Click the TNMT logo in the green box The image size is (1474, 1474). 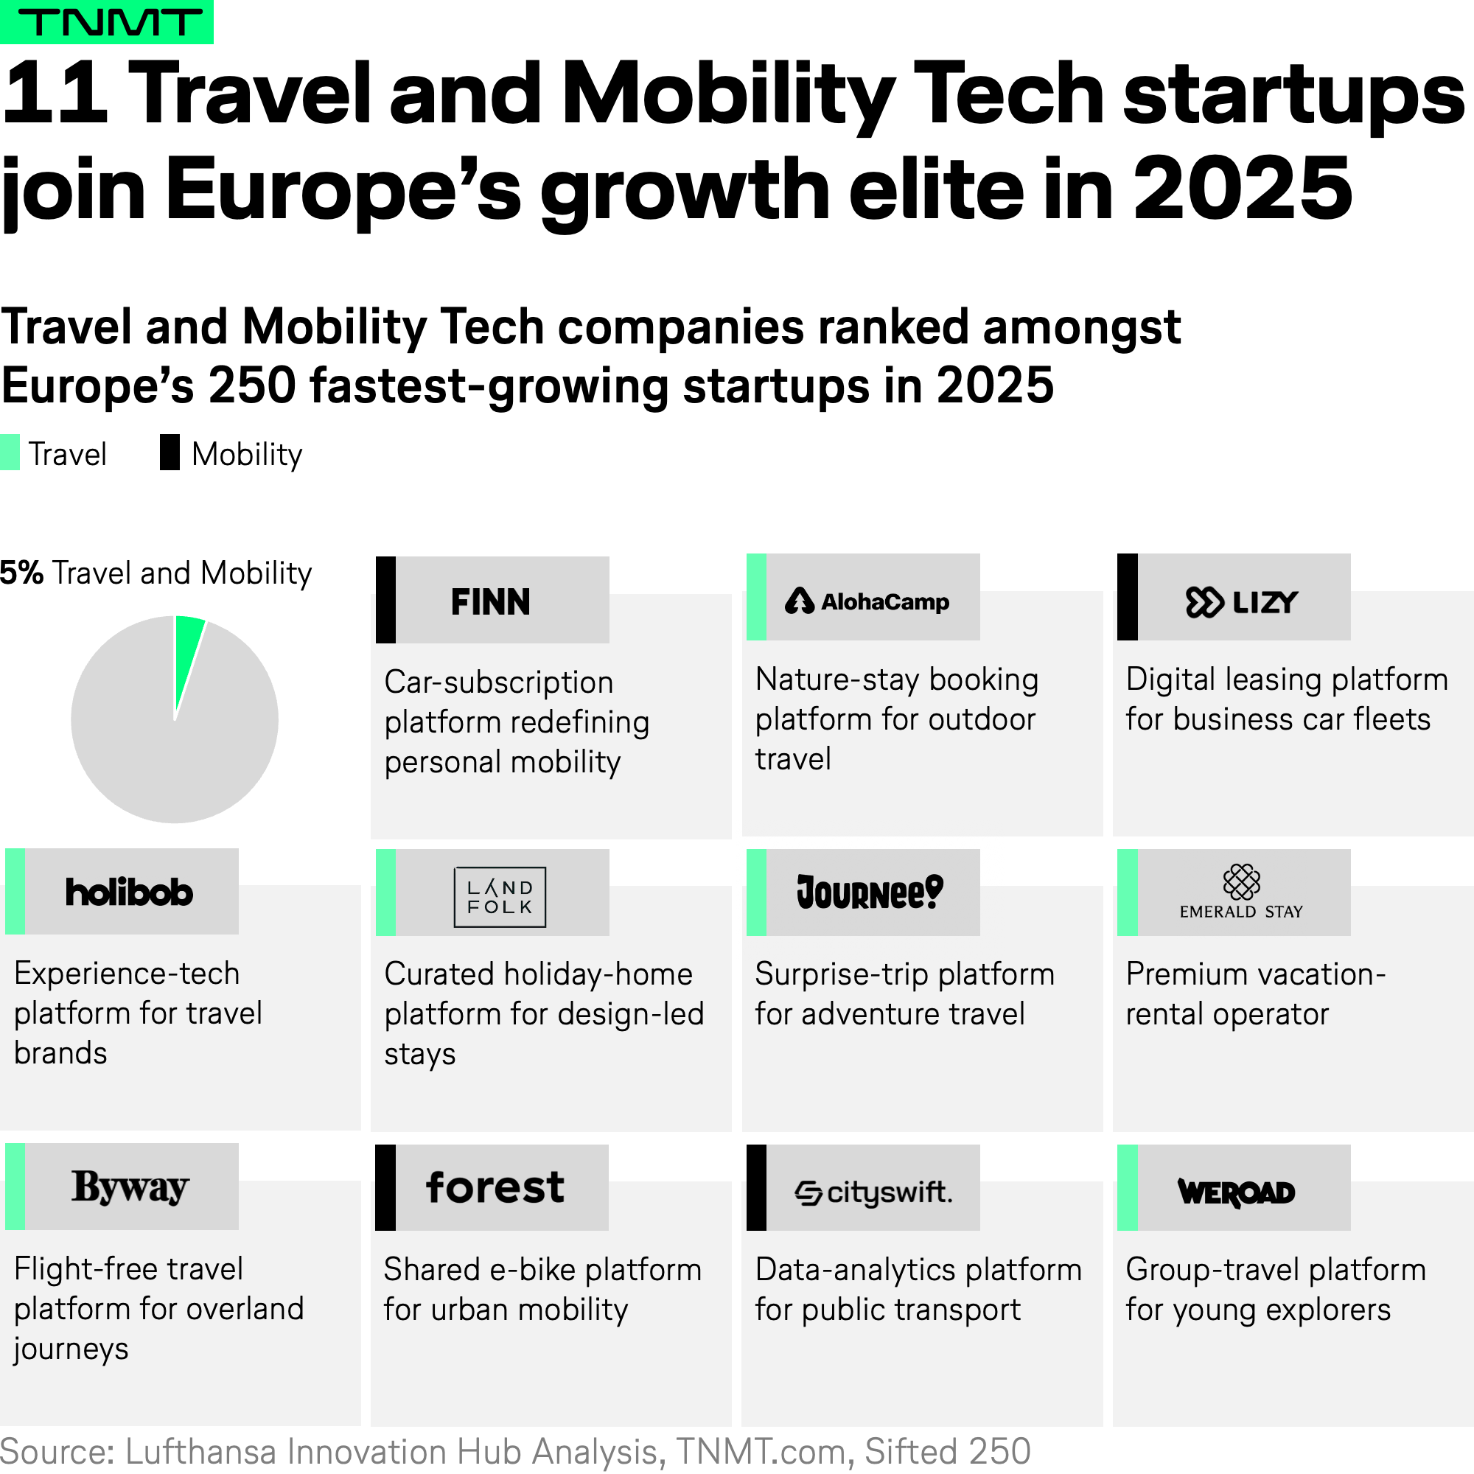[106, 22]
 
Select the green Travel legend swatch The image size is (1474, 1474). [10, 453]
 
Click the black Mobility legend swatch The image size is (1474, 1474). [170, 453]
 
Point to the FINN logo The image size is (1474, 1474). [490, 602]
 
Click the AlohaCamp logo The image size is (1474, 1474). [867, 602]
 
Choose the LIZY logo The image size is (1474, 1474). [1241, 602]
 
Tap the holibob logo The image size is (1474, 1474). [129, 892]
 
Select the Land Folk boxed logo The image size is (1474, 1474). [500, 897]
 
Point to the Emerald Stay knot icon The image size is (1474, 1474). [1241, 882]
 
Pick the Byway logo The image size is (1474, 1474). [130, 1187]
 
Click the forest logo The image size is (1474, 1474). [495, 1188]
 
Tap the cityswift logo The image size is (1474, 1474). [873, 1192]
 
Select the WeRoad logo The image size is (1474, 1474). [1236, 1192]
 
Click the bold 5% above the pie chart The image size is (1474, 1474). [21, 573]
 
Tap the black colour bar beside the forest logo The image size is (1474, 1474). [385, 1187]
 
